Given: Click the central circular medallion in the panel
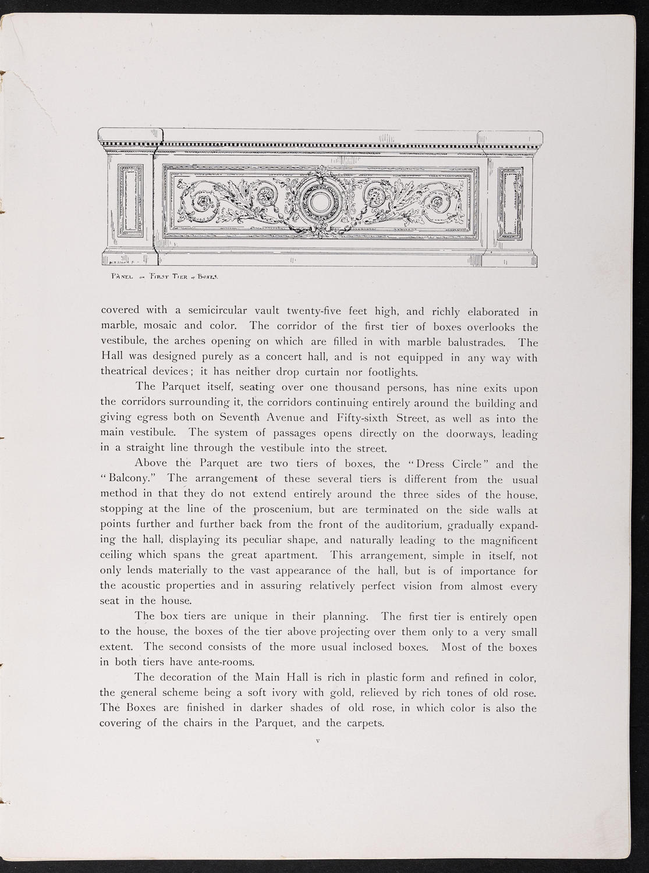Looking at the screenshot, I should pos(319,202).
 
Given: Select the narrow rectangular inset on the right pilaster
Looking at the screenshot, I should pos(512,201).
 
